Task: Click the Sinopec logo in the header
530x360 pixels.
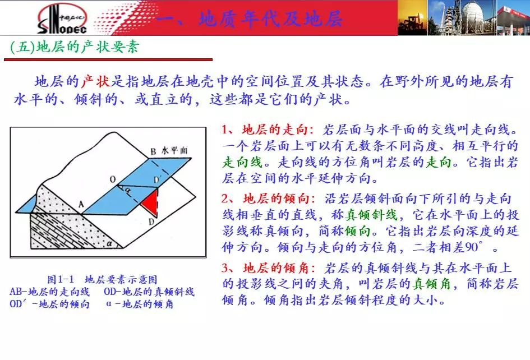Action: tap(62, 19)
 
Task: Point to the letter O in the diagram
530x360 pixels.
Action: tap(113, 179)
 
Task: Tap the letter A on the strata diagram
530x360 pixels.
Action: tap(81, 204)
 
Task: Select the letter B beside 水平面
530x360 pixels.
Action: tap(154, 151)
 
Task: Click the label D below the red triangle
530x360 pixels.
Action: tap(151, 221)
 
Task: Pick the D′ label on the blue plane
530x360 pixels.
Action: tap(157, 179)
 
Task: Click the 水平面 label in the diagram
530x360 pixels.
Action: tap(174, 150)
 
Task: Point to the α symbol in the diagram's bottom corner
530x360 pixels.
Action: tap(109, 243)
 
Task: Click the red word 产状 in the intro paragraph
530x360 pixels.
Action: tap(96, 81)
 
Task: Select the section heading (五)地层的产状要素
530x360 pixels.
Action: tap(75, 47)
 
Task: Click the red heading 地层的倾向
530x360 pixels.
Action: tap(276, 199)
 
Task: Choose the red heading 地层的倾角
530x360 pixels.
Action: tap(276, 267)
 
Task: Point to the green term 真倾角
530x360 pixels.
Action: tap(432, 284)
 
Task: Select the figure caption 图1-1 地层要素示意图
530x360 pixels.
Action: tap(102, 280)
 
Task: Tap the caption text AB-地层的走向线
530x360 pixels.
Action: tap(50, 292)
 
